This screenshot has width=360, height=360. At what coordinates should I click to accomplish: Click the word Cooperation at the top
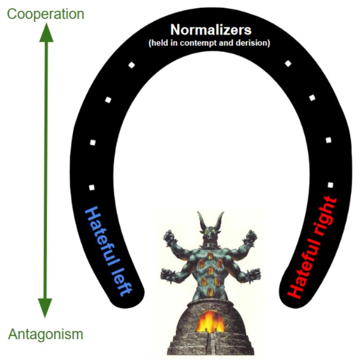[46, 13]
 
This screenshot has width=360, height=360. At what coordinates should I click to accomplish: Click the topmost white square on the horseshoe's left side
[131, 65]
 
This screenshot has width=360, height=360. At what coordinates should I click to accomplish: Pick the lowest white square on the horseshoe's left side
[91, 187]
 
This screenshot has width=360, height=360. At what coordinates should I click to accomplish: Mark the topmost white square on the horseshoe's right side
[288, 63]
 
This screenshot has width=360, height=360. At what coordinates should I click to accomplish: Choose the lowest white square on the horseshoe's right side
[330, 185]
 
